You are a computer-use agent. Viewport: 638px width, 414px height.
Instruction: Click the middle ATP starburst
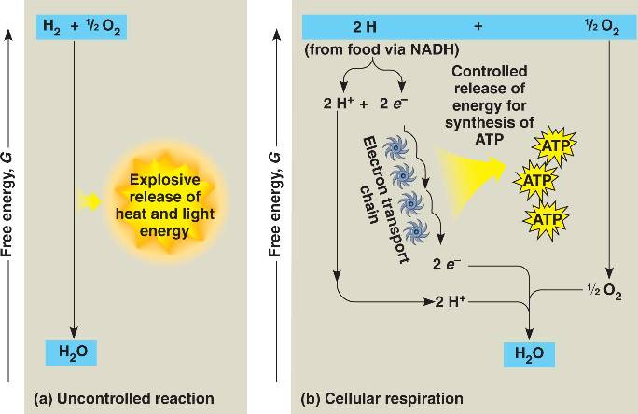[534, 179]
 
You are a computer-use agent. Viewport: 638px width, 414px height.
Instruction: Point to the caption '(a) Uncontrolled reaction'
[124, 399]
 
